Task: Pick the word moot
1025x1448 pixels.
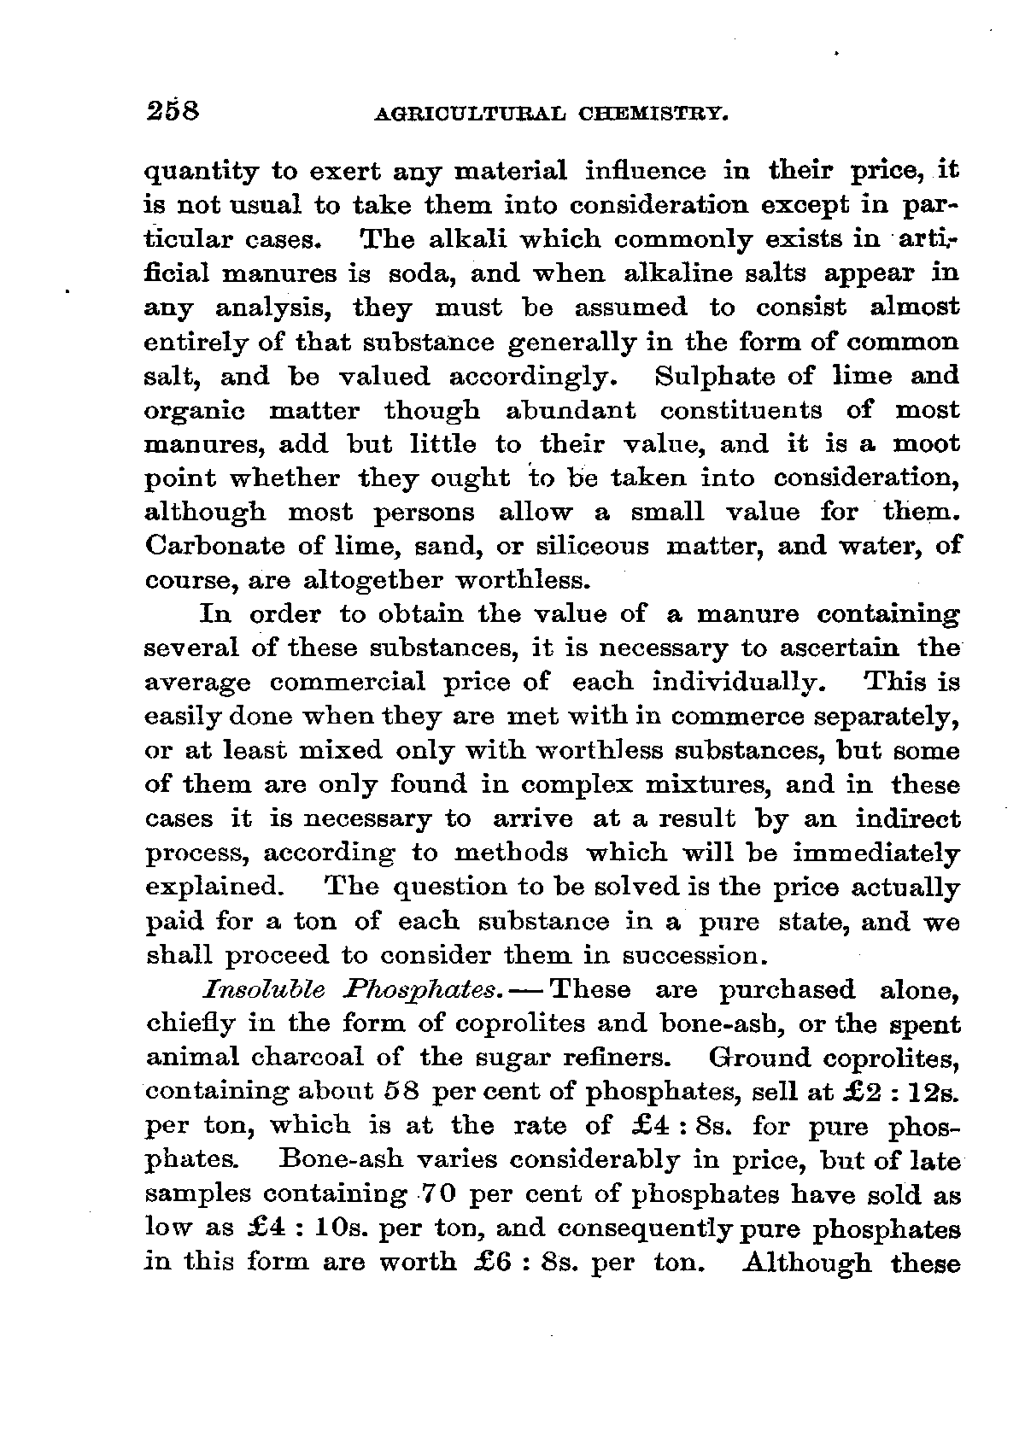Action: pyautogui.click(x=926, y=445)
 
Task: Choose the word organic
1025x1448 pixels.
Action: pyautogui.click(x=195, y=411)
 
